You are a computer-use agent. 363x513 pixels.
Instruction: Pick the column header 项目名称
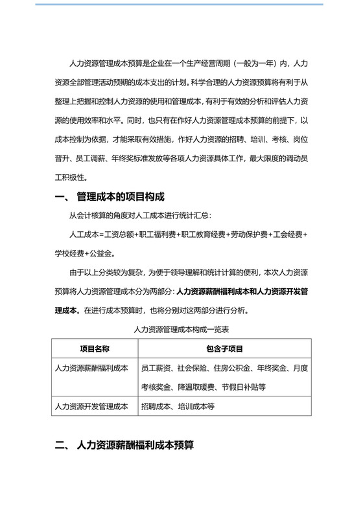coord(90,349)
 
